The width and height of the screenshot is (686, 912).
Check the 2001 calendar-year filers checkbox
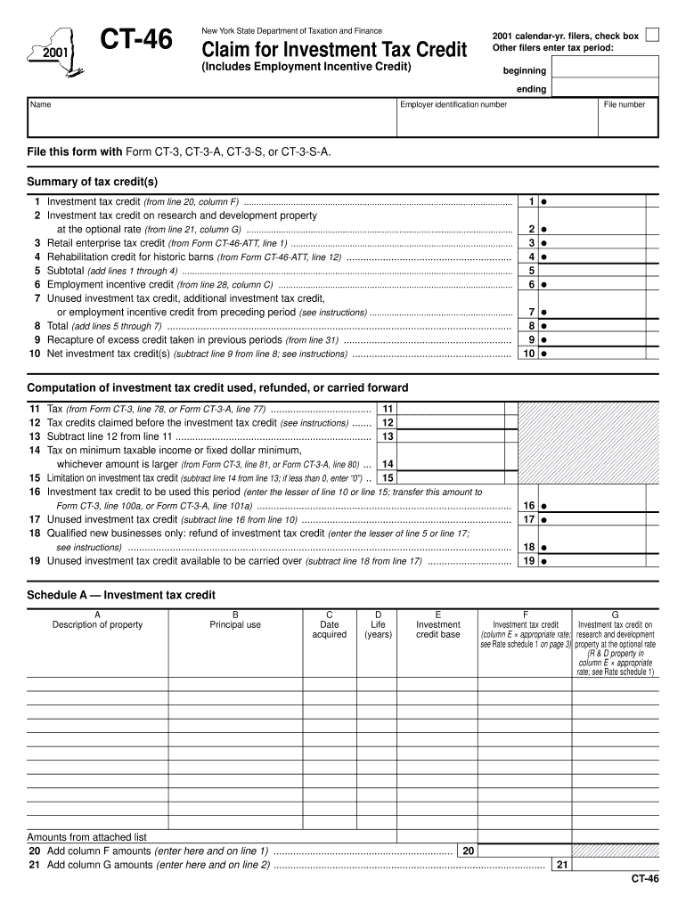[652, 35]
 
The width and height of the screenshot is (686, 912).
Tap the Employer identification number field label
[453, 104]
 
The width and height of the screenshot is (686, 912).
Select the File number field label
[624, 104]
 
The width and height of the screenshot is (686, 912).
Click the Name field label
[41, 104]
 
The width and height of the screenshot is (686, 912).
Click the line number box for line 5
[531, 271]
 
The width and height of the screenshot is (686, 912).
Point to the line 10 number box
[529, 354]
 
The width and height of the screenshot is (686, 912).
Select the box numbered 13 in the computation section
[388, 436]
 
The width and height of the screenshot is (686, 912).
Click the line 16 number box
[529, 505]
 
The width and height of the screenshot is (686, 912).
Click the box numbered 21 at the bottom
[561, 864]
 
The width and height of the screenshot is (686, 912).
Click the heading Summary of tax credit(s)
[92, 182]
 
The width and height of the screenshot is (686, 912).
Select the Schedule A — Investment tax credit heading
[121, 595]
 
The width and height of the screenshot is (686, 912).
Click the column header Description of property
[97, 624]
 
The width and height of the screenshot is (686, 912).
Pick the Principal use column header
[235, 624]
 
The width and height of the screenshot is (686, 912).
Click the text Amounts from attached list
[86, 837]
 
